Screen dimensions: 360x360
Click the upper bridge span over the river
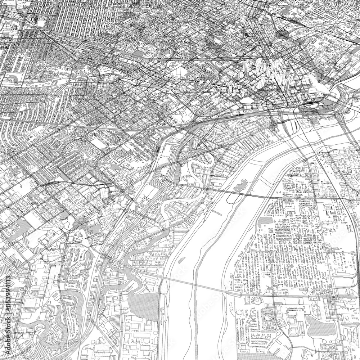(x=252, y=196)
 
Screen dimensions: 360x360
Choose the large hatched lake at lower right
(x=317, y=324)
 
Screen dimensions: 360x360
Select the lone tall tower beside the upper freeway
(x=159, y=54)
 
